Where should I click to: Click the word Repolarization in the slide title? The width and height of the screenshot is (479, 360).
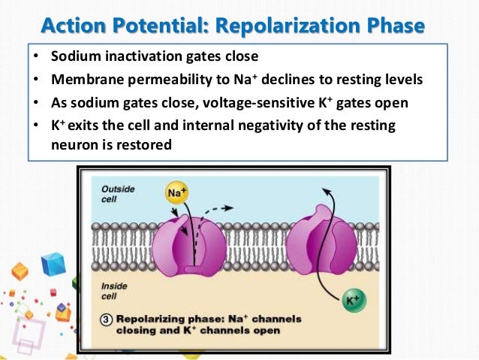click(x=276, y=26)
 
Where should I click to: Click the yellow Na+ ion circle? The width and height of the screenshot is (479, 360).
click(x=172, y=195)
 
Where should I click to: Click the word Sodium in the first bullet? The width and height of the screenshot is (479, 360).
click(x=74, y=56)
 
